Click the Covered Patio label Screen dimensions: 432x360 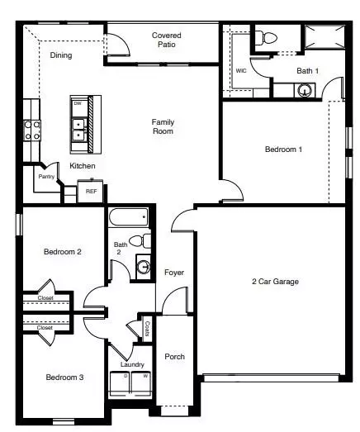pos(166,40)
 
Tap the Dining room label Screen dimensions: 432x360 pos(60,55)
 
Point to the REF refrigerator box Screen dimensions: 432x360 pos(91,191)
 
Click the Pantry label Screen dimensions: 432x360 pos(46,176)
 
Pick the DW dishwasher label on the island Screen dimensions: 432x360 pos(78,104)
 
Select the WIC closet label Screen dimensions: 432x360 pos(241,70)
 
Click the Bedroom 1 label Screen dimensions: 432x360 pos(283,150)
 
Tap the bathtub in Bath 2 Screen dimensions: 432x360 pos(129,218)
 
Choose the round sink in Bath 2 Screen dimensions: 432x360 pos(143,267)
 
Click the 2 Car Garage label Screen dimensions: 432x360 pos(275,282)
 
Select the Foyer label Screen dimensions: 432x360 pos(174,272)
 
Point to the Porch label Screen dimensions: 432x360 pos(174,356)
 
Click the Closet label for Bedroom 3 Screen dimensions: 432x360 pos(45,328)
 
